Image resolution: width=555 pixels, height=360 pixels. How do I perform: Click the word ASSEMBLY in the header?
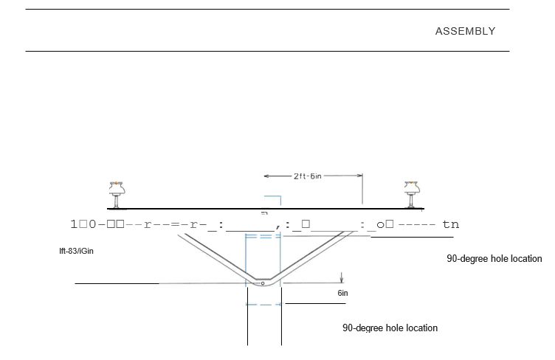pos(465,31)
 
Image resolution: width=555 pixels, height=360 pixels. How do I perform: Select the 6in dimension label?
pos(342,293)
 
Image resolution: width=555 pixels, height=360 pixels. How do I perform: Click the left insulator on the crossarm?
pos(115,193)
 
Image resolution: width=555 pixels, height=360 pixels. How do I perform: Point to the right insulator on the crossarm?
pos(412,193)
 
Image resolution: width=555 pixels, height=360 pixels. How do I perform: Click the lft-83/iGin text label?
pos(77,251)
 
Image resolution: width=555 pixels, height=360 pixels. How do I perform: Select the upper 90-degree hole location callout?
pos(494,259)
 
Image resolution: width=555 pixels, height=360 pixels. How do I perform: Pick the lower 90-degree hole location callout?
pos(390,328)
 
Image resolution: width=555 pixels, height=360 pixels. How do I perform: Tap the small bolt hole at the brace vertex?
pos(262,283)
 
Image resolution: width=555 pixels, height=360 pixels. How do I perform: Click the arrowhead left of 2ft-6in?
pos(267,176)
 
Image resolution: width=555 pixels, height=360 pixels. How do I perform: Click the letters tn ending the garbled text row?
pos(450,224)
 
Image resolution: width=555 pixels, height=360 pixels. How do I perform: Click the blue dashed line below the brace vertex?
pos(263,304)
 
